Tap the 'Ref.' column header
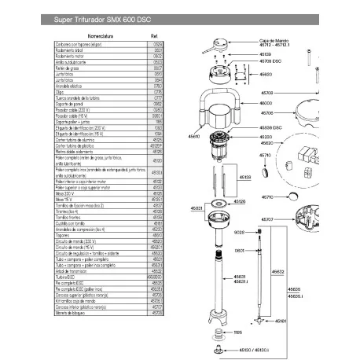[155, 35]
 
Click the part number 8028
[240, 233]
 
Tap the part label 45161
[281, 321]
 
